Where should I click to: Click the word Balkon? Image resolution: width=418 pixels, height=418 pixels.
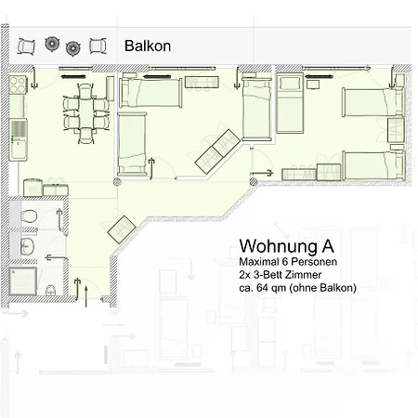(x=148, y=46)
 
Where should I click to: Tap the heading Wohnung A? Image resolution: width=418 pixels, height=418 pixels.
(x=286, y=246)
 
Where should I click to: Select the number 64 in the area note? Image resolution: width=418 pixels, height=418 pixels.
(x=262, y=288)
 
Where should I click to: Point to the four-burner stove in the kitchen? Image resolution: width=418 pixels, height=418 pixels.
(x=18, y=85)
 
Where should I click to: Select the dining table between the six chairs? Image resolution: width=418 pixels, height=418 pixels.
(x=85, y=113)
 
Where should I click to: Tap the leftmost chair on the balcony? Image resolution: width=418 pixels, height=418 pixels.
(x=26, y=46)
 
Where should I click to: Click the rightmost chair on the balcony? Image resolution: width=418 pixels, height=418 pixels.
(x=98, y=46)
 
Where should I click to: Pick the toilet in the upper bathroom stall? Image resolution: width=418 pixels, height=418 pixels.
(x=30, y=216)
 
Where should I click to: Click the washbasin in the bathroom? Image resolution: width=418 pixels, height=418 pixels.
(x=27, y=246)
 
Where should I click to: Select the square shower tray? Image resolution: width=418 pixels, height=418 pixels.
(x=23, y=281)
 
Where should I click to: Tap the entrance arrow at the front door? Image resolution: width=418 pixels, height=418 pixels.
(x=86, y=296)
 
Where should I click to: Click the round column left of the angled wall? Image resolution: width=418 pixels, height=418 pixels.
(x=117, y=182)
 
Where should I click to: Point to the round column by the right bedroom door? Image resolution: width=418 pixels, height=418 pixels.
(x=254, y=182)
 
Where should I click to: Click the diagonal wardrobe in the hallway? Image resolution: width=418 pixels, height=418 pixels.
(x=122, y=229)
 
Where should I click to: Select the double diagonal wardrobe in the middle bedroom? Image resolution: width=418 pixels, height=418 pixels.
(x=217, y=151)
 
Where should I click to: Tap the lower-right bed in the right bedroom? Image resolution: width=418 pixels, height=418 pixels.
(x=373, y=165)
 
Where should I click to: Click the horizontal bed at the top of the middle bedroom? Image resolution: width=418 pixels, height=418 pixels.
(x=150, y=93)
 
